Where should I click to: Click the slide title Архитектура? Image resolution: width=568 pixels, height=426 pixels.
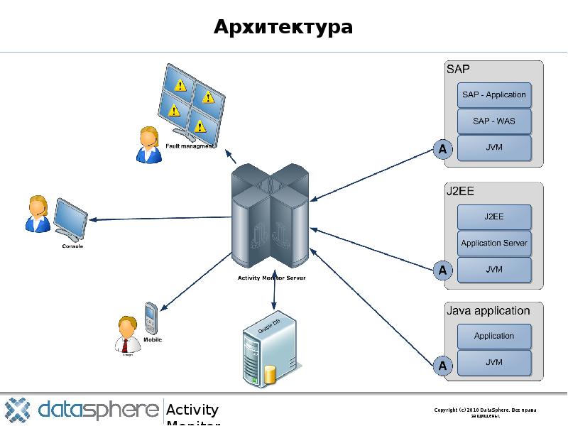pyautogui.click(x=283, y=28)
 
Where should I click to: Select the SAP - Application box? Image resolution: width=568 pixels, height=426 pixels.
pyautogui.click(x=493, y=94)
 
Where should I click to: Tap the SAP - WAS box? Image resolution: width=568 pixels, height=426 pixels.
pyautogui.click(x=493, y=121)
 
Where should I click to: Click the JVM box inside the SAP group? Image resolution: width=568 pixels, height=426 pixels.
pyautogui.click(x=493, y=148)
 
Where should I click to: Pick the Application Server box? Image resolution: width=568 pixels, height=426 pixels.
pyautogui.click(x=493, y=244)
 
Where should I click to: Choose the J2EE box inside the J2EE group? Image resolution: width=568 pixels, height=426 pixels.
pyautogui.click(x=493, y=217)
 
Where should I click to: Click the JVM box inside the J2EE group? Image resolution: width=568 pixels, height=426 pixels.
pyautogui.click(x=493, y=270)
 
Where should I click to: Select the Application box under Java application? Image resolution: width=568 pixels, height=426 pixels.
pyautogui.click(x=493, y=336)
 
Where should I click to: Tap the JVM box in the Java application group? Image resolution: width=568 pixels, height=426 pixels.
pyautogui.click(x=493, y=362)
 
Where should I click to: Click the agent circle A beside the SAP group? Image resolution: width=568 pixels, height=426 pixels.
pyautogui.click(x=443, y=149)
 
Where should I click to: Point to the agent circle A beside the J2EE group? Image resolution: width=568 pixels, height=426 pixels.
pyautogui.click(x=443, y=271)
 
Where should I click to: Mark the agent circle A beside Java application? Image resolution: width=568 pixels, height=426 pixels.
pyautogui.click(x=443, y=366)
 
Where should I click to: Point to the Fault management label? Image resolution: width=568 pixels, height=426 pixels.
pyautogui.click(x=190, y=146)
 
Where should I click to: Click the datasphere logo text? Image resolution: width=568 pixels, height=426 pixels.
pyautogui.click(x=98, y=410)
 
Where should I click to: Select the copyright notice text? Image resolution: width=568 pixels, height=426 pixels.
pyautogui.click(x=486, y=413)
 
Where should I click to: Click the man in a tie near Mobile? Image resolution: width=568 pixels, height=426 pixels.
pyautogui.click(x=127, y=334)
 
